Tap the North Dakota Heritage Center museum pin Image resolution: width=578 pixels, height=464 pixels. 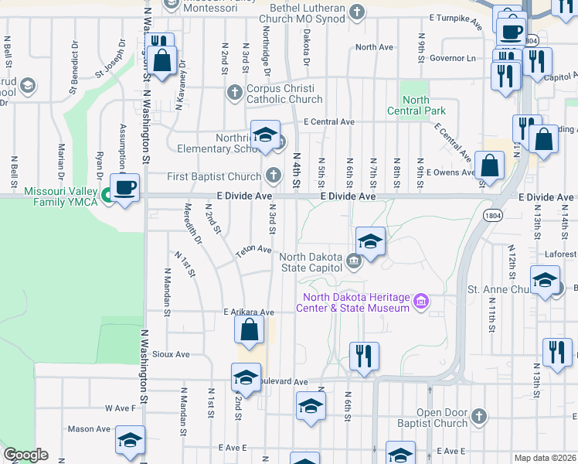click(x=421, y=301)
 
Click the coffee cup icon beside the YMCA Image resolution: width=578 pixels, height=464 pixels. click(x=124, y=186)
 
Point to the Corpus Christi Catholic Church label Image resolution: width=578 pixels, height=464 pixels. click(x=284, y=94)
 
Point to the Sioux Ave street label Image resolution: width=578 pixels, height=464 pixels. click(x=172, y=354)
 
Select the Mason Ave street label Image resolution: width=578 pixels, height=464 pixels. click(x=89, y=428)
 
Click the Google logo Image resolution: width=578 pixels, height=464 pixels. click(x=25, y=455)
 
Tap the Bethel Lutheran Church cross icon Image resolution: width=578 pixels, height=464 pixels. click(x=357, y=11)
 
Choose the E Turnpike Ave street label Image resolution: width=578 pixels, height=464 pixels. click(x=455, y=16)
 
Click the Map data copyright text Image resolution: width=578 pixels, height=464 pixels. click(x=544, y=458)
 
